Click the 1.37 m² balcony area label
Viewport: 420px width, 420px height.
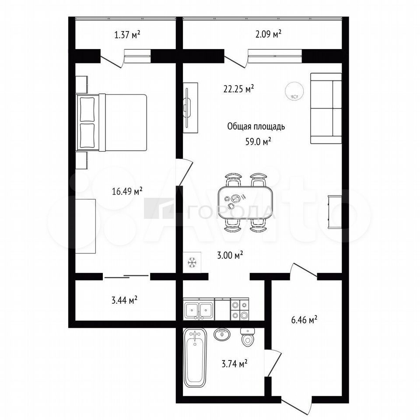(x=127, y=35)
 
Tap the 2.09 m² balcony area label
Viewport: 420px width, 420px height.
(x=268, y=34)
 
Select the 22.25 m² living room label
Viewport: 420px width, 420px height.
(x=238, y=89)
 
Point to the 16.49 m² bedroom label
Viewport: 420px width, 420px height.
(x=127, y=191)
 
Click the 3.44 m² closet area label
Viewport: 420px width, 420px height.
(x=125, y=300)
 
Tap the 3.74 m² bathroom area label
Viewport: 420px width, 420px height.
(x=234, y=364)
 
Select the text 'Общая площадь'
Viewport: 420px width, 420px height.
(x=256, y=126)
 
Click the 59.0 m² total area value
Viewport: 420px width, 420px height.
(x=258, y=141)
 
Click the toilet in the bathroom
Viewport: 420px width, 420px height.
(x=248, y=336)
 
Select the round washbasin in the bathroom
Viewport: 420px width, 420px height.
(x=222, y=335)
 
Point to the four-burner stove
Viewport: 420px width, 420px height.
(x=240, y=309)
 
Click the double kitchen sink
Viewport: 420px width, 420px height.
(x=199, y=310)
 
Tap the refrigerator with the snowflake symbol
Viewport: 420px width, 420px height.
(x=192, y=262)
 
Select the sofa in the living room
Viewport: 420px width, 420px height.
(x=326, y=108)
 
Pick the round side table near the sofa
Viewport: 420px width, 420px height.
(x=294, y=91)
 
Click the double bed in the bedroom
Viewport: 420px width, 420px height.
(x=112, y=122)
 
